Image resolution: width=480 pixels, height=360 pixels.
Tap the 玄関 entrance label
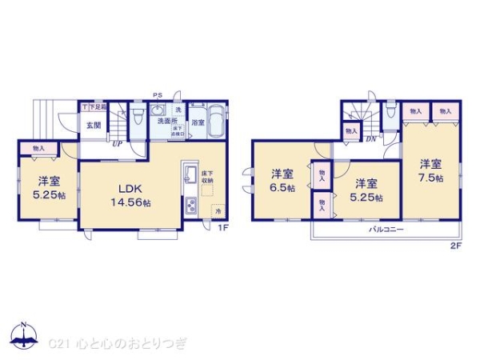click(93, 125)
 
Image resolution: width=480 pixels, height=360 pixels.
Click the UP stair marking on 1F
click(117, 144)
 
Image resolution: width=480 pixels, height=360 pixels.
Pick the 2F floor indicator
click(456, 246)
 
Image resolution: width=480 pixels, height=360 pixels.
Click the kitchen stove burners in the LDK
click(192, 207)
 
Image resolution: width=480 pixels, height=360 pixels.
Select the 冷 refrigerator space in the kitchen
click(217, 210)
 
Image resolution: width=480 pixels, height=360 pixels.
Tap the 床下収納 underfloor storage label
click(206, 177)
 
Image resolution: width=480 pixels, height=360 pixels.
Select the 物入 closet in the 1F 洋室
click(38, 148)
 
